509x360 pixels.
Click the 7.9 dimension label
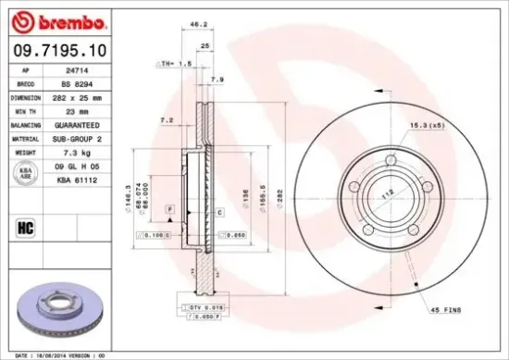(x=217, y=80)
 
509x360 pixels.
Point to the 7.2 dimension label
(x=168, y=120)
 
